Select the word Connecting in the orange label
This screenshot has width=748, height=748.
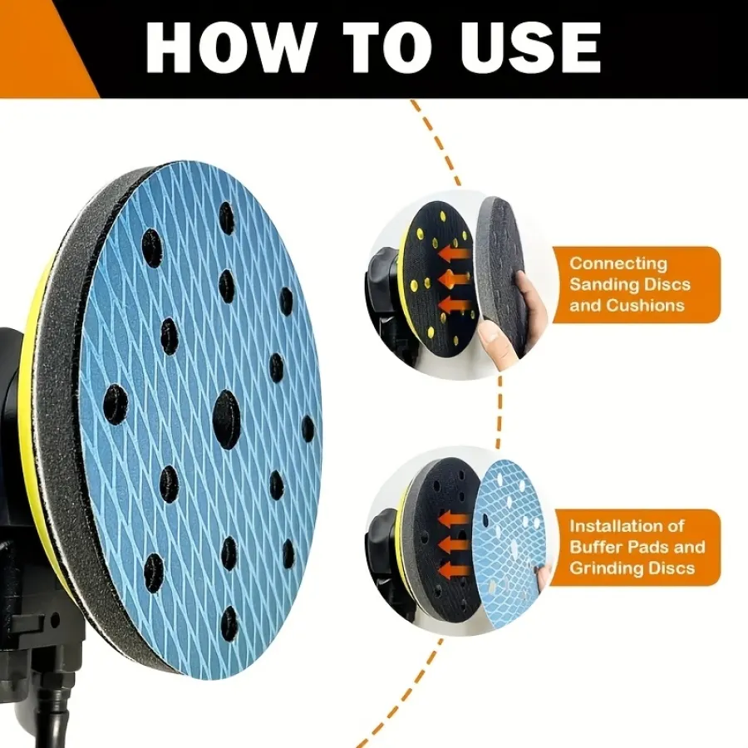(x=618, y=263)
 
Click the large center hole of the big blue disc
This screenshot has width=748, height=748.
(x=226, y=420)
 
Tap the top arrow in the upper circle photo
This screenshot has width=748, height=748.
(x=455, y=253)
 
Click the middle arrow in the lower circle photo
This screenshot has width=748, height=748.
(x=454, y=544)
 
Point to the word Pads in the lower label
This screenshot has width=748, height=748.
(x=647, y=547)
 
